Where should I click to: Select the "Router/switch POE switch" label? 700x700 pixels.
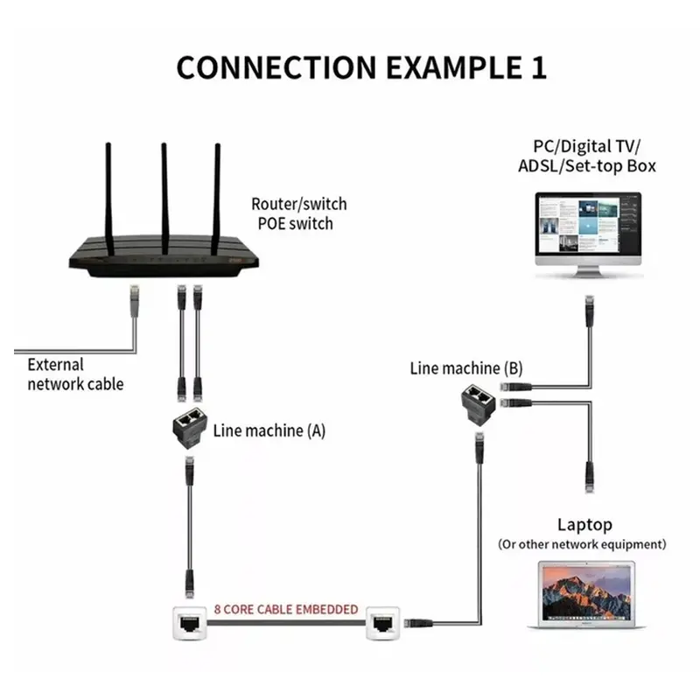tap(299, 213)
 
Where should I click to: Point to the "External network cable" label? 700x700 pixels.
tap(74, 374)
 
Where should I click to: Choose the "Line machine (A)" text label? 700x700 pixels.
tap(269, 430)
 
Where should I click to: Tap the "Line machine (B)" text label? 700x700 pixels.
tap(465, 368)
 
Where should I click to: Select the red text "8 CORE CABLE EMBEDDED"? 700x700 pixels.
tap(286, 609)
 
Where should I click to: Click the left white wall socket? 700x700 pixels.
tap(188, 623)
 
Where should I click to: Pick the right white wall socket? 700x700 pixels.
tap(384, 623)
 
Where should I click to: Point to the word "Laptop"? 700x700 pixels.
tap(584, 525)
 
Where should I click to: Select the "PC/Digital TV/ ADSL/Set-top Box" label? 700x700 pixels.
tap(594, 155)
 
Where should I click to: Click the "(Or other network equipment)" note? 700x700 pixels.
tap(582, 544)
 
